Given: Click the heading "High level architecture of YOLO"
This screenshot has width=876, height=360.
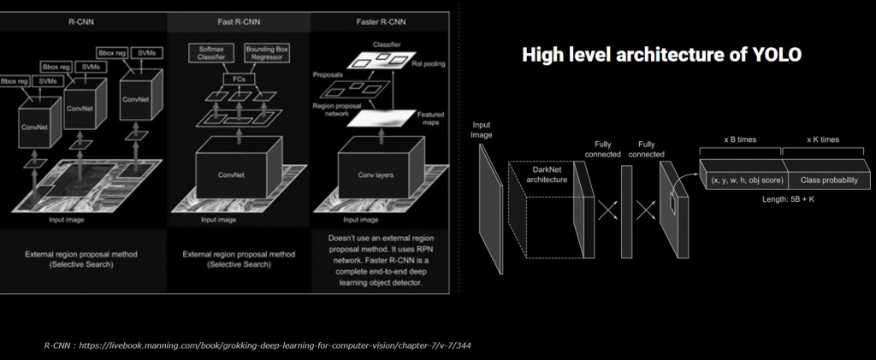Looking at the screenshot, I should coord(661,55).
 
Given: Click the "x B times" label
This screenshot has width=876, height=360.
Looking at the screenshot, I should coord(741,139).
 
